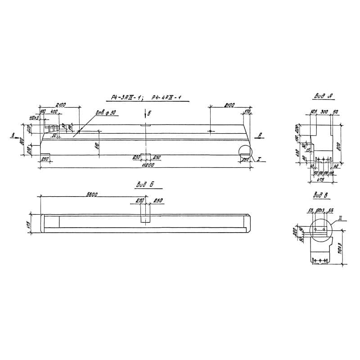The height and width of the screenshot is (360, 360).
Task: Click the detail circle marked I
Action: point(246,153)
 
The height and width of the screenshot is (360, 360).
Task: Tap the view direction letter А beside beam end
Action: point(260,135)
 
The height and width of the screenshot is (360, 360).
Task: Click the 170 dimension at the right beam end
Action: point(247,111)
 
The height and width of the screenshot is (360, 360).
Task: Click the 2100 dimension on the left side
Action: point(60,105)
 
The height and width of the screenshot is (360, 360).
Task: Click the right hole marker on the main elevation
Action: point(210,131)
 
